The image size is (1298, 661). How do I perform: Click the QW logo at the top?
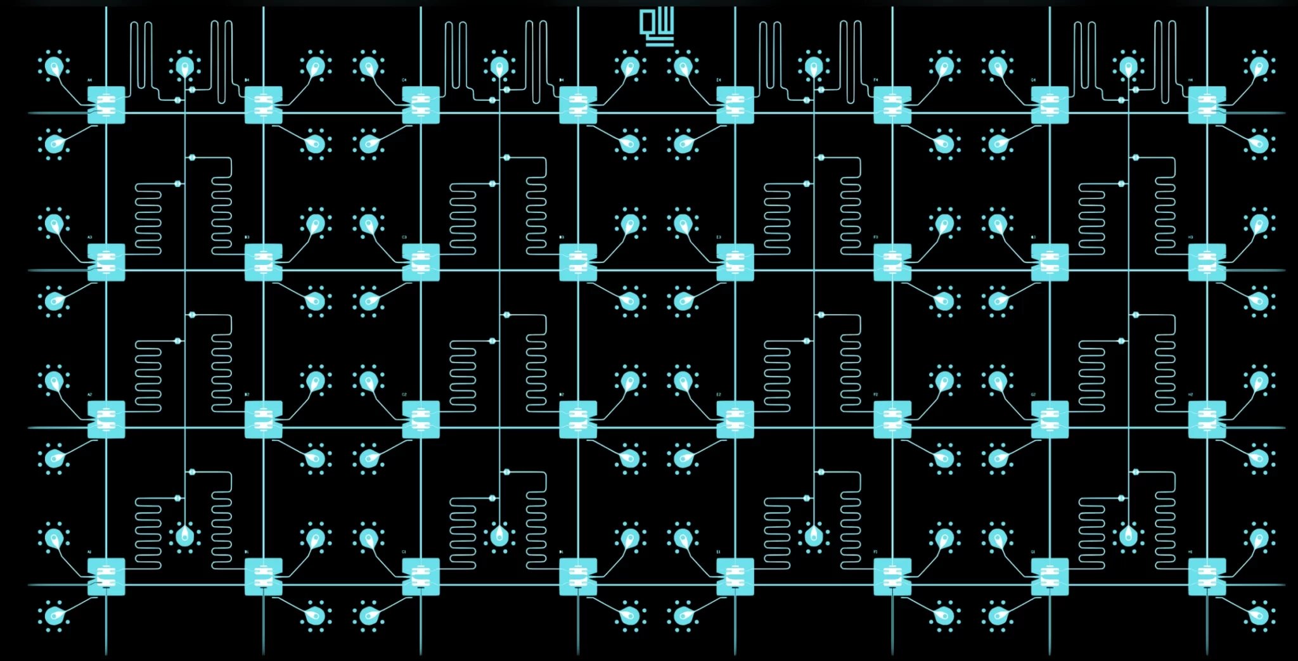tap(657, 27)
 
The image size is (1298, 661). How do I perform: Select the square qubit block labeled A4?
tap(106, 105)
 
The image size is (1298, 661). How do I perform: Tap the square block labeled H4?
tap(1207, 105)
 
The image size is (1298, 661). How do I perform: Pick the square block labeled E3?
tap(735, 262)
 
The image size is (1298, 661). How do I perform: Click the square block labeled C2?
tap(421, 420)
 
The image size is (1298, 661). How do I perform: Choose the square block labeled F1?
tap(892, 577)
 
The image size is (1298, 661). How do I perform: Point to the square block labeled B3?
tap(263, 262)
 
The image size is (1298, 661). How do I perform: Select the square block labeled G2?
tap(1050, 420)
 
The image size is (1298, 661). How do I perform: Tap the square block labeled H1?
tap(1207, 577)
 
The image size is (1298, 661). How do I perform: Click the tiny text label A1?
tap(89, 552)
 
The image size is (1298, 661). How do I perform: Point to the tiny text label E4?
tap(719, 80)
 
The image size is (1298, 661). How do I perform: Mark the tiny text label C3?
tap(404, 238)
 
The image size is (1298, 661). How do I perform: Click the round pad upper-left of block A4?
tap(54, 66)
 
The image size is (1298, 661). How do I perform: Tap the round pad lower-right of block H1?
tap(1259, 615)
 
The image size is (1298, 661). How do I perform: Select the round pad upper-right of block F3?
tap(944, 223)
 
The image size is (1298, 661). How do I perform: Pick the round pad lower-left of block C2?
tap(369, 458)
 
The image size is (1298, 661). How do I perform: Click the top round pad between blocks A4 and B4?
tap(184, 66)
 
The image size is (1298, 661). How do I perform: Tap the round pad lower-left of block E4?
tap(683, 144)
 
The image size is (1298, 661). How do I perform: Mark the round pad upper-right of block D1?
tap(630, 538)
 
